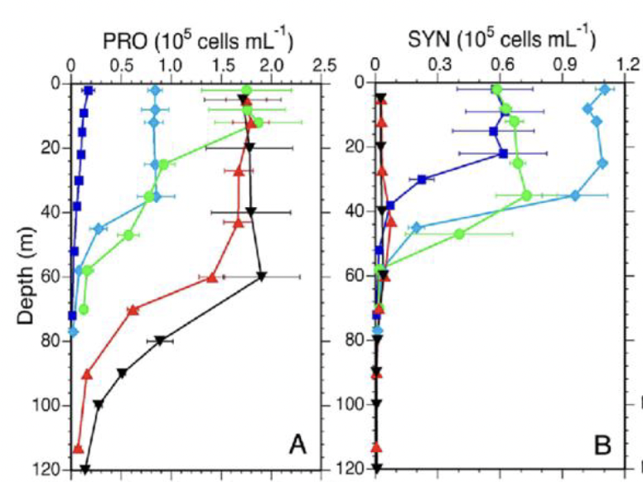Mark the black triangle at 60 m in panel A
[x=262, y=276]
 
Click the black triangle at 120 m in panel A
[x=85, y=470]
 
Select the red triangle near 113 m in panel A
[x=79, y=448]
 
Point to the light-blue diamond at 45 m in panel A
[x=99, y=228]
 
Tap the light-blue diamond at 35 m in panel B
[x=574, y=195]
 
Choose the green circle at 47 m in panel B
[x=459, y=234]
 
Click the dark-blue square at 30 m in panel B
[x=423, y=179]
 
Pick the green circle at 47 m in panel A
[x=128, y=235]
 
